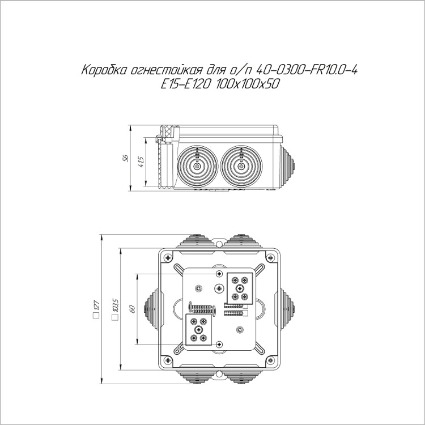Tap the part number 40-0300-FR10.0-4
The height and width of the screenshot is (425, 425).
306,70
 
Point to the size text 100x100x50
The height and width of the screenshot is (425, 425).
248,84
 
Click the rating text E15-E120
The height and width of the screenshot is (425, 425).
185,84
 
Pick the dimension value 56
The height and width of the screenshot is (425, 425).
125,158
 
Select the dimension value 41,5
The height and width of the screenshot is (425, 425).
141,161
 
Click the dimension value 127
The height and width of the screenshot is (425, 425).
96,305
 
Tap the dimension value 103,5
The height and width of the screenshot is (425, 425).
116,305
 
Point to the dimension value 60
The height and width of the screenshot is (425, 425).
133,309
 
